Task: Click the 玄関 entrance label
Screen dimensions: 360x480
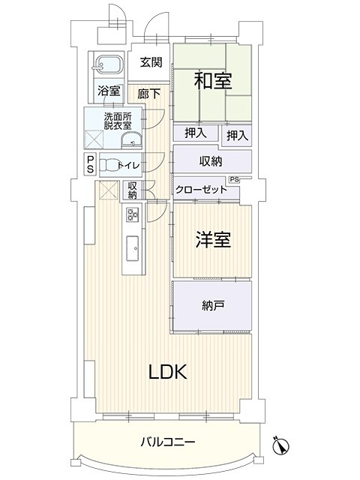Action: pos(151,62)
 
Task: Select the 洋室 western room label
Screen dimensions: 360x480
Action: pos(213,239)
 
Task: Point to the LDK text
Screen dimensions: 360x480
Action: pos(167,372)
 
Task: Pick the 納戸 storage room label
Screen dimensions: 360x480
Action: pos(213,305)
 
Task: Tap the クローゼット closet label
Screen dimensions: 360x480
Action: pos(201,190)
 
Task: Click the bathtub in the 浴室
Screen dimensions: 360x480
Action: pos(106,65)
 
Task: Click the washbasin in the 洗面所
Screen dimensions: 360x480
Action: pos(132,140)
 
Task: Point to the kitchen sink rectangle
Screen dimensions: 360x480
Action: pos(133,248)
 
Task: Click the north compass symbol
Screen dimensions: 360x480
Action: pos(281,444)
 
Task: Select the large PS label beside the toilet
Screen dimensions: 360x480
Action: pos(90,164)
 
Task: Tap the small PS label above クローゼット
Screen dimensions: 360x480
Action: pos(234,180)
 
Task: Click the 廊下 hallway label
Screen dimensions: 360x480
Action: pos(148,94)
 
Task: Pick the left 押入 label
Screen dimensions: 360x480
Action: pos(195,133)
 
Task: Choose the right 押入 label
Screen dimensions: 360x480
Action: pos(237,135)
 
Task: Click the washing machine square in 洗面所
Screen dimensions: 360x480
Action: pos(94,139)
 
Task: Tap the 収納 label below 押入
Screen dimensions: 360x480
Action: pos(211,161)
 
